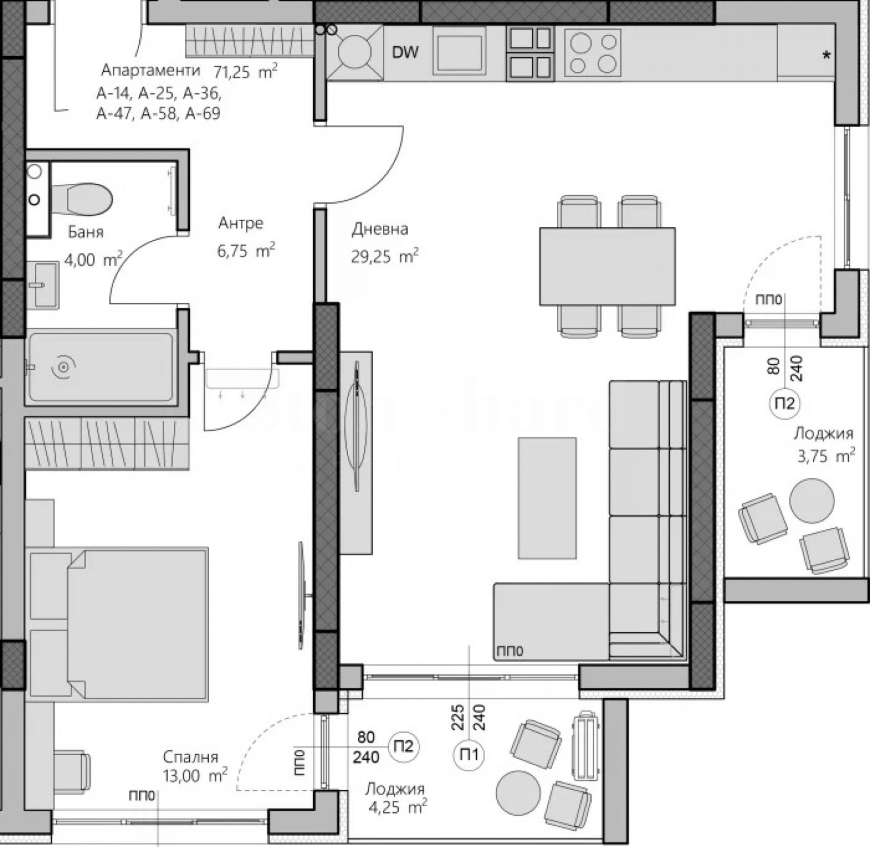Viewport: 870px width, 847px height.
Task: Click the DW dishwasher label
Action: (x=405, y=52)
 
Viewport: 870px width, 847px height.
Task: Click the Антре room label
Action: (x=241, y=223)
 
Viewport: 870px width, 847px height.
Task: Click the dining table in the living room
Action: (x=607, y=266)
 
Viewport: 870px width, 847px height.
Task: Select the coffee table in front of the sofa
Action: (x=547, y=497)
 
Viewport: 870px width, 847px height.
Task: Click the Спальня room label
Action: (x=190, y=757)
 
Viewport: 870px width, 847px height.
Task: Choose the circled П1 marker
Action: (x=469, y=755)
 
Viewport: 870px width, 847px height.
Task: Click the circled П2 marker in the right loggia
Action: (x=784, y=403)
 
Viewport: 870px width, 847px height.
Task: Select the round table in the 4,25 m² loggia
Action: (x=518, y=792)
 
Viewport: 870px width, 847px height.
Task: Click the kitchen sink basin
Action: (x=459, y=52)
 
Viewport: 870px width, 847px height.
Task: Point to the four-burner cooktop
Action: (x=593, y=53)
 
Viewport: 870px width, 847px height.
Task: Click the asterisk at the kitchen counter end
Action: (x=826, y=55)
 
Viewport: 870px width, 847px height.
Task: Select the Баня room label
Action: (x=85, y=232)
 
